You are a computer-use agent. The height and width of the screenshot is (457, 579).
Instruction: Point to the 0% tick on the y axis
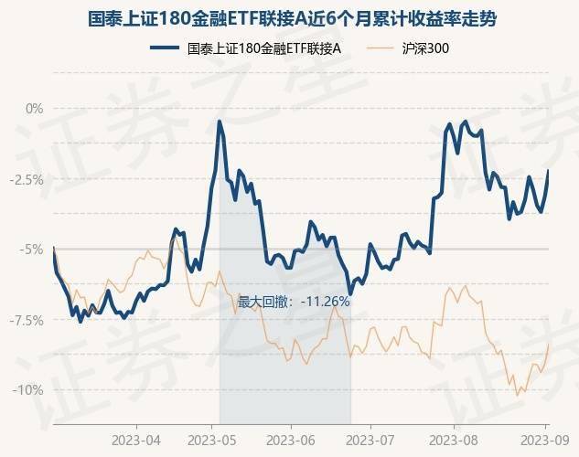point(34,108)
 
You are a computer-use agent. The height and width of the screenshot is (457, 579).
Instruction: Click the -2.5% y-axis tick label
point(27,179)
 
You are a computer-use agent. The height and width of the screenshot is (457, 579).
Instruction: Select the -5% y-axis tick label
point(32,249)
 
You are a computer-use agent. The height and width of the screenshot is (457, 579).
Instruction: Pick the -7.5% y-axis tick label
point(27,320)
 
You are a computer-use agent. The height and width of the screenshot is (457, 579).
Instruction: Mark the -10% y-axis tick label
point(29,390)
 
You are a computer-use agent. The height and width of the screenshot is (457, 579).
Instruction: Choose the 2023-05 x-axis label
point(212,437)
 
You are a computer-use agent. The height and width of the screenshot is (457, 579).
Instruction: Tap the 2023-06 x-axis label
point(291,437)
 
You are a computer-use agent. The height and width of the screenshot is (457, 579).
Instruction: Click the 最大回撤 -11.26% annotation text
point(294,301)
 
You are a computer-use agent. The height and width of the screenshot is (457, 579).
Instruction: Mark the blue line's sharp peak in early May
point(220,121)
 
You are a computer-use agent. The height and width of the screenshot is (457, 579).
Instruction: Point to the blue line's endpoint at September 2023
point(548,171)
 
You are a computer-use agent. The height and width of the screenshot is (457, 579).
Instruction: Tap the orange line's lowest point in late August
point(518,395)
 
